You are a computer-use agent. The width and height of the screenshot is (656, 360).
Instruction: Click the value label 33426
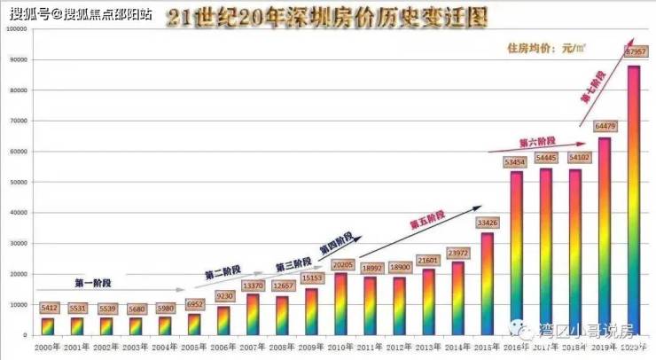[x=487, y=222]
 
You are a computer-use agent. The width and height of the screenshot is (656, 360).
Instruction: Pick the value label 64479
[x=605, y=126]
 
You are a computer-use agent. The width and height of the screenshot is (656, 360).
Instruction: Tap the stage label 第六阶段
[x=536, y=142]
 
